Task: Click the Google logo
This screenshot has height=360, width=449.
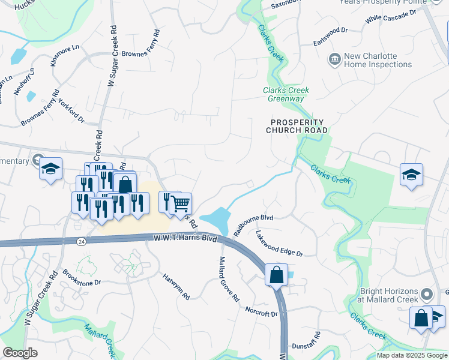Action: [20, 353]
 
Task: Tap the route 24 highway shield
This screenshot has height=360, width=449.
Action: [81, 241]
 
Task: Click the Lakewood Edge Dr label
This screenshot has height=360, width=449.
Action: [279, 244]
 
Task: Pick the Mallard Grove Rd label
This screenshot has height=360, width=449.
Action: [229, 279]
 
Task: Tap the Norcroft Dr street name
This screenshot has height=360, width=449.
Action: [261, 311]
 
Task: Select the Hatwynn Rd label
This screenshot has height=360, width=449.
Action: [176, 287]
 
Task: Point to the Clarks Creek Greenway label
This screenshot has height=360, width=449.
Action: [286, 94]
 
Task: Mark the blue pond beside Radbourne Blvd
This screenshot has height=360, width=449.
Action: [217, 220]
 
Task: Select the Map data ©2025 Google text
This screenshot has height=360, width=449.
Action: [412, 355]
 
